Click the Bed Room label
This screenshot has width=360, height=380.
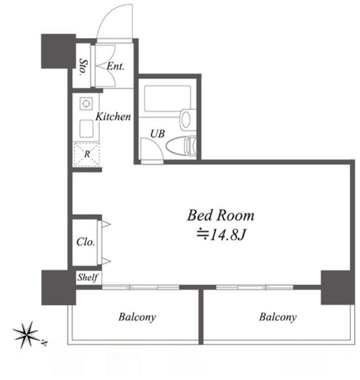[220, 215]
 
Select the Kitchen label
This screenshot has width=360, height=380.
[112, 117]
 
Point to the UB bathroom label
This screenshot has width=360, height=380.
[157, 134]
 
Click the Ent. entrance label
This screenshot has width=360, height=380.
[115, 67]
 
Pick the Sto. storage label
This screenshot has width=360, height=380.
[82, 66]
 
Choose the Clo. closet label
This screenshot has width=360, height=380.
[85, 242]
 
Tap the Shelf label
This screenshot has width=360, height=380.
[88, 277]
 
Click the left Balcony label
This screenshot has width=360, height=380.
[137, 317]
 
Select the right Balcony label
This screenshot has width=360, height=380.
[278, 317]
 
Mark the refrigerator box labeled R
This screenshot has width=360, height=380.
[87, 155]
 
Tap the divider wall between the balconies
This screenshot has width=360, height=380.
[200, 315]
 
